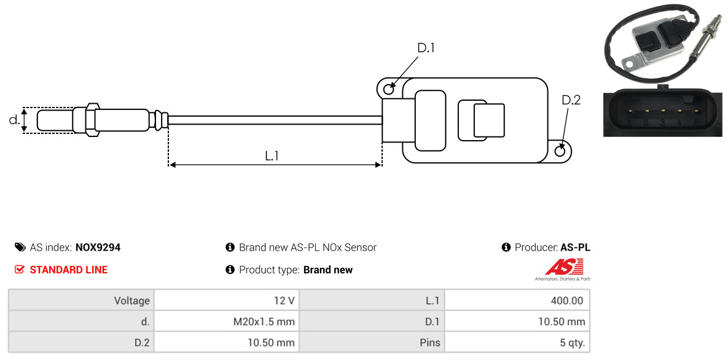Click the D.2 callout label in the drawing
(571, 100)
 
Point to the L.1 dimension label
(272, 156)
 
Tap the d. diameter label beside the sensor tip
(14, 120)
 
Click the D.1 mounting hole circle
(389, 87)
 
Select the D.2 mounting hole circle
(560, 151)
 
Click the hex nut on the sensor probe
(92, 120)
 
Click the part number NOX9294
(98, 248)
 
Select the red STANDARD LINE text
(69, 270)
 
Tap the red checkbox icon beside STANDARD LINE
(20, 270)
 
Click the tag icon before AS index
(20, 247)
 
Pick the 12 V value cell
(227, 300)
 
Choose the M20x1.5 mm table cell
(227, 321)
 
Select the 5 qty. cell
(517, 343)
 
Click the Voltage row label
(132, 301)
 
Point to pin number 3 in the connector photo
(662, 123)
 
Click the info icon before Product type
(230, 270)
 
